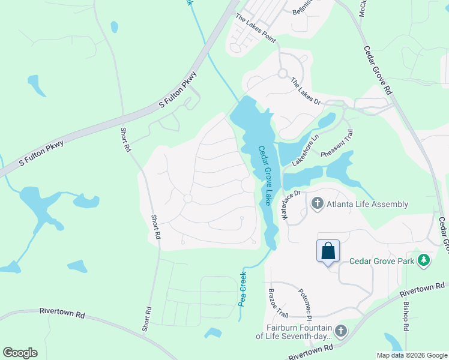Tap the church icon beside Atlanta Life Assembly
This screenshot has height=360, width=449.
coord(317,204)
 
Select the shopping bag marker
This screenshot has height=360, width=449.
coord(328,250)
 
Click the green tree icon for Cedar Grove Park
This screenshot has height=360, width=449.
coord(424,260)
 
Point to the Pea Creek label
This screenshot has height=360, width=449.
coord(243,289)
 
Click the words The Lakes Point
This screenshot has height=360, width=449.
coord(255,29)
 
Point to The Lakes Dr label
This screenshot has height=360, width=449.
coord(306,91)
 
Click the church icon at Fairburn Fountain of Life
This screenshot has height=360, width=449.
coord(341,331)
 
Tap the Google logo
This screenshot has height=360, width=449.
coord(20,353)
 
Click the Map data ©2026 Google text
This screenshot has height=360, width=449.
coord(411,355)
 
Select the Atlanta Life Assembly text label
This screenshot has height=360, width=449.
coord(367,204)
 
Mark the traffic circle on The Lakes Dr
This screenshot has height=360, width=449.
coord(282,74)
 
